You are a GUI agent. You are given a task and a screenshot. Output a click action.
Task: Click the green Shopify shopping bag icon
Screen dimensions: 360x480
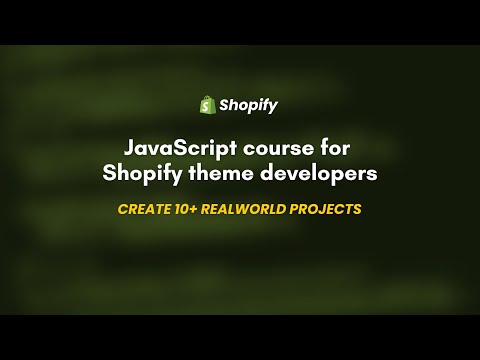(208, 104)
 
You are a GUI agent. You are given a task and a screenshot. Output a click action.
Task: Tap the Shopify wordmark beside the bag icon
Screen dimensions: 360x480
(250, 105)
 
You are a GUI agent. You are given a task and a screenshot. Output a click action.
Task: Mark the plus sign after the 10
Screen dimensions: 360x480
(192, 210)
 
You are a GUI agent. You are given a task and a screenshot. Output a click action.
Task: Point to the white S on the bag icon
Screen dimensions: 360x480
(208, 105)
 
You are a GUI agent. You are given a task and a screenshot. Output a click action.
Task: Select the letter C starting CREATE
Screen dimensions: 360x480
(122, 210)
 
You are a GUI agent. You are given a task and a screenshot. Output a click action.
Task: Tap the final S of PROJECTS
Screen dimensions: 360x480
(356, 210)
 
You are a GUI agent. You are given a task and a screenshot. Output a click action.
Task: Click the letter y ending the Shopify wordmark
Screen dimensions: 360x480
(273, 107)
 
